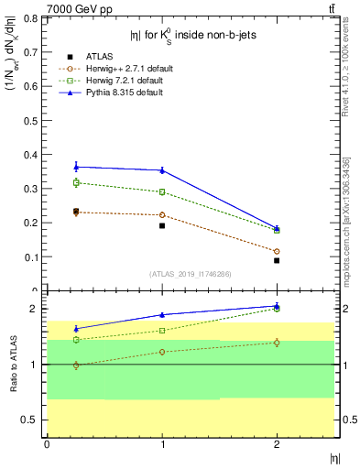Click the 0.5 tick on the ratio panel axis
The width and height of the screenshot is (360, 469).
coord(33,420)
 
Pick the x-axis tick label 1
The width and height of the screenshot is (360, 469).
coord(162,444)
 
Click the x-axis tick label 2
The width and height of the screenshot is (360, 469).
coord(277,444)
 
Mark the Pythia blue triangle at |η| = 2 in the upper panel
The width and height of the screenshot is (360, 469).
coord(277,228)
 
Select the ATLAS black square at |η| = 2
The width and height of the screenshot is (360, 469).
coord(277,260)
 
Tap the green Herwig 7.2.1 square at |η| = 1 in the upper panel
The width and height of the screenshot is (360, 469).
coord(162,192)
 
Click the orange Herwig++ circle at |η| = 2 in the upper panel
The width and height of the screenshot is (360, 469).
coord(277,251)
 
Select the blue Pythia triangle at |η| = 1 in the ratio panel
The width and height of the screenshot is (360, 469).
coord(162,314)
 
